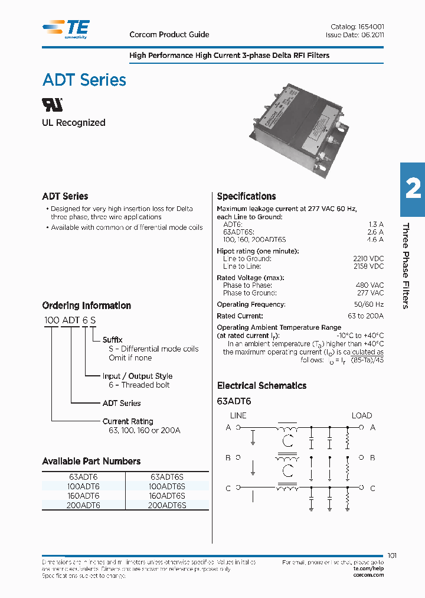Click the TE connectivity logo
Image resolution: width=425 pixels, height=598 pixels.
pyautogui.click(x=67, y=29)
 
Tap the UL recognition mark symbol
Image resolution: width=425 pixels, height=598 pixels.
pyautogui.click(x=53, y=105)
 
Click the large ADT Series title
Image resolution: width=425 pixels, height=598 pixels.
pyautogui.click(x=84, y=80)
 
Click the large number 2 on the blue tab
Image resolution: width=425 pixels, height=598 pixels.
pyautogui.click(x=413, y=189)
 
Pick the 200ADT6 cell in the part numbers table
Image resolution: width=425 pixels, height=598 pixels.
pyautogui.click(x=83, y=505)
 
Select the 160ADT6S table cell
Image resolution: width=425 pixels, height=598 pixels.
pyautogui.click(x=168, y=496)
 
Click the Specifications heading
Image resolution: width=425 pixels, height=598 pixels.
pyautogui.click(x=246, y=197)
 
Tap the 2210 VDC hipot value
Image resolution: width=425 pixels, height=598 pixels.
pyautogui.click(x=368, y=259)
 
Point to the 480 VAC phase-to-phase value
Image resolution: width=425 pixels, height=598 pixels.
pyautogui.click(x=370, y=285)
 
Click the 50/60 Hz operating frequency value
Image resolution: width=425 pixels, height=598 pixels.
pyautogui.click(x=369, y=304)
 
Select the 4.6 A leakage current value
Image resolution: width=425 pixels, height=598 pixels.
pyautogui.click(x=375, y=239)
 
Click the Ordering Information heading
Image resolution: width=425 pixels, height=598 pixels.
pyautogui.click(x=87, y=305)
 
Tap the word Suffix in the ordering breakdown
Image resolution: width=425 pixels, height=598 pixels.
pyautogui.click(x=112, y=340)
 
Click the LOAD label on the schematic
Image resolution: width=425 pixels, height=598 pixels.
pyautogui.click(x=362, y=415)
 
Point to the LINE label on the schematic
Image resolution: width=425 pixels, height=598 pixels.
pyautogui.click(x=238, y=415)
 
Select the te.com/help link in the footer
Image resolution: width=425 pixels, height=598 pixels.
pyautogui.click(x=368, y=568)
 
